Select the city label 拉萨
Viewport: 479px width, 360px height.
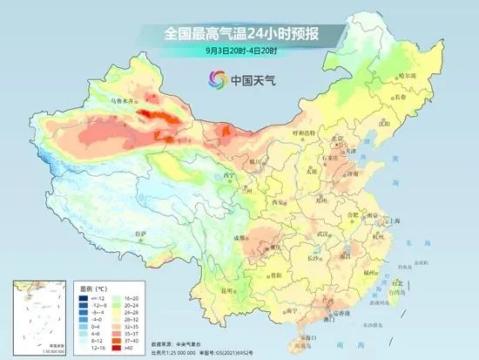pyautogui.click(x=141, y=233)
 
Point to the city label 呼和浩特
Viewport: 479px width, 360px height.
pyautogui.click(x=302, y=133)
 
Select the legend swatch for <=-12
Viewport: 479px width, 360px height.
pyautogui.click(x=81, y=298)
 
